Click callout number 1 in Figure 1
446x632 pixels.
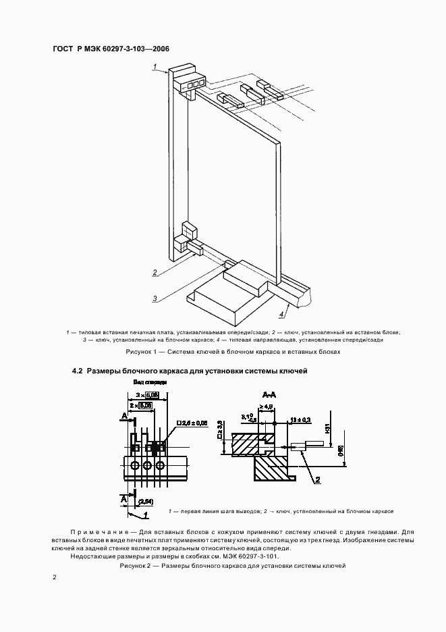pyautogui.click(x=155, y=66)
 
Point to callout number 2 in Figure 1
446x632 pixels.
pyautogui.click(x=155, y=273)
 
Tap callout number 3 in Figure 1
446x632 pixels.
pyautogui.click(x=155, y=298)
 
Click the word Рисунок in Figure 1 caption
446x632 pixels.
pyautogui.click(x=140, y=352)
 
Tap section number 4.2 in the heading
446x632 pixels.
pyautogui.click(x=77, y=371)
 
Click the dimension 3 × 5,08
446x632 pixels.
pyautogui.click(x=147, y=394)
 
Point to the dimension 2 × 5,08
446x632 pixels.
pyautogui.click(x=142, y=404)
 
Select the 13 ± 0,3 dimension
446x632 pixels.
pyautogui.click(x=298, y=419)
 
